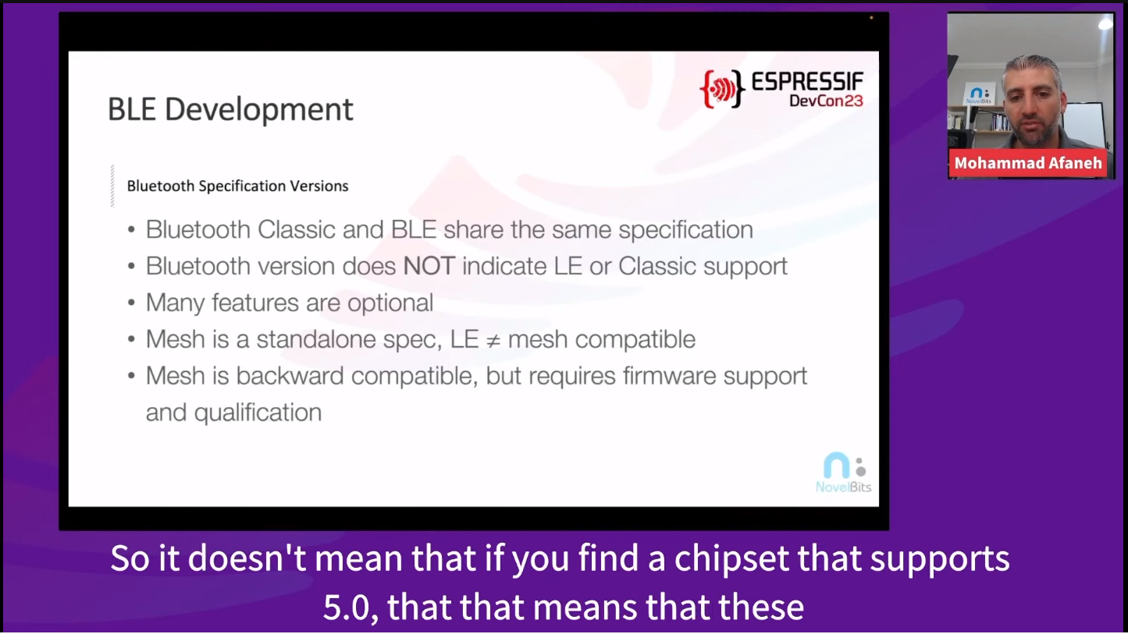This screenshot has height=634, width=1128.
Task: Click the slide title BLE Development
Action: click(230, 109)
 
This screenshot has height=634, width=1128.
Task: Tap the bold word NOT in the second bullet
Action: click(429, 266)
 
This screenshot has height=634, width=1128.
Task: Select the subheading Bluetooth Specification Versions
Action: click(237, 186)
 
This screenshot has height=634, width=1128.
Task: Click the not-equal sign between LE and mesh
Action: click(493, 341)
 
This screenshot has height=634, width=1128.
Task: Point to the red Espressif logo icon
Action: click(722, 89)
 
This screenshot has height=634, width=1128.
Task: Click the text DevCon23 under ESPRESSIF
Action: click(827, 101)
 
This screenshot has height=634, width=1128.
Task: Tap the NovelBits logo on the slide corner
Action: click(844, 472)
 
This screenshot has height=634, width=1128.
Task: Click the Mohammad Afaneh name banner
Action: click(1028, 163)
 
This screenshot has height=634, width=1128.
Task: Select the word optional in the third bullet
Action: click(390, 303)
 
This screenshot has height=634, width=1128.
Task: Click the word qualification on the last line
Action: click(258, 413)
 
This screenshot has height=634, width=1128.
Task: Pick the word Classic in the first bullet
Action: click(297, 230)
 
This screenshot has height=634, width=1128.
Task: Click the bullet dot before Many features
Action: click(131, 303)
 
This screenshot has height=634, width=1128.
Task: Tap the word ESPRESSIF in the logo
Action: click(808, 81)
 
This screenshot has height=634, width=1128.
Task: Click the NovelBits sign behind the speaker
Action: click(979, 94)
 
